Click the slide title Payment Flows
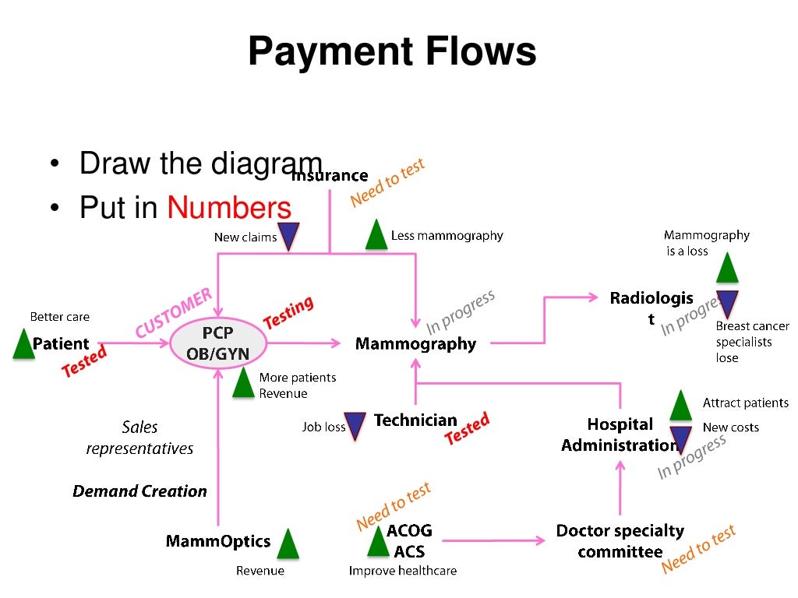pos(392,53)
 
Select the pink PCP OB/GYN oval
pos(217,343)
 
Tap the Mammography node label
pos(415,343)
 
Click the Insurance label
pos(329,176)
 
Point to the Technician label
pos(415,420)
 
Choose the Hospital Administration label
pos(620,435)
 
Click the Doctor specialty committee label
pos(620,541)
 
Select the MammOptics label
pos(218,541)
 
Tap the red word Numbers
pos(229,208)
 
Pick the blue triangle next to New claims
pos(290,237)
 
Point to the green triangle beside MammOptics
pos(288,544)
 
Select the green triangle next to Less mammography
pos(377,235)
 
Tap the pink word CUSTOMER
pos(173,313)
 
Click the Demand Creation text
pos(140,491)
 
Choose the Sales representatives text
pos(140,438)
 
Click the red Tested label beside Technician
pos(467,429)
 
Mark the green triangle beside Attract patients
pos(681,406)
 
